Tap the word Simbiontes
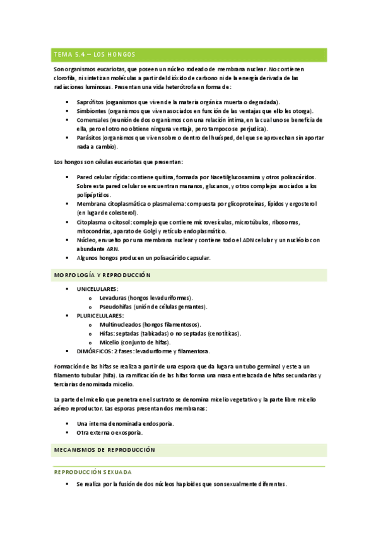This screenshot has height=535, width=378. [x=91, y=110]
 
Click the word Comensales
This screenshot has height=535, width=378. [x=92, y=119]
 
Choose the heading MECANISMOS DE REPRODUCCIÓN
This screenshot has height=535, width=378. [x=104, y=450]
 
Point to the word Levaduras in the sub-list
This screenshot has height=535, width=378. [x=112, y=297]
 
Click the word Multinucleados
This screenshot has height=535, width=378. [x=120, y=324]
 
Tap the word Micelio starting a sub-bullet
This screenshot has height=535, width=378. [x=109, y=342]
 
